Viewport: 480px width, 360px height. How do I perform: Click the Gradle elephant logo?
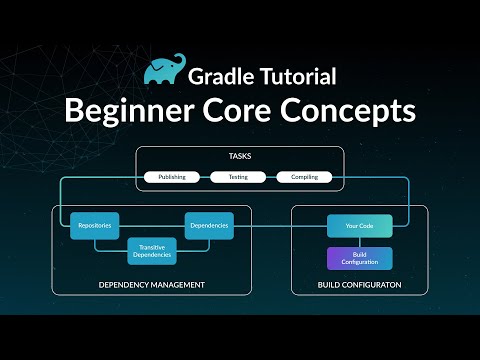(x=165, y=71)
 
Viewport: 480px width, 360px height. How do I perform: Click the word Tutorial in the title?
(x=303, y=75)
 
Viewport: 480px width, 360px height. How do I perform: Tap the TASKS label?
(x=240, y=157)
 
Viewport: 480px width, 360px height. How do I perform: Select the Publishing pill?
(x=171, y=177)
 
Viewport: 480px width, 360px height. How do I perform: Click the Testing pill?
(x=239, y=177)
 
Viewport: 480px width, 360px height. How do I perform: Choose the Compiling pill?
(x=304, y=177)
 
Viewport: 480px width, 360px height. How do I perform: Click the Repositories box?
(x=95, y=226)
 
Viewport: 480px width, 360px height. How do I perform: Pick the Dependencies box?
(x=208, y=226)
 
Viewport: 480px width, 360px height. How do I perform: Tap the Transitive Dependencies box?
(x=151, y=251)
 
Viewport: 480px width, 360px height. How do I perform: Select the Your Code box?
(x=359, y=226)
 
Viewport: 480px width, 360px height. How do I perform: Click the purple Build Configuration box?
(x=359, y=259)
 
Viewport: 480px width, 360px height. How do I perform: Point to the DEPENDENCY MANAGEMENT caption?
(x=151, y=285)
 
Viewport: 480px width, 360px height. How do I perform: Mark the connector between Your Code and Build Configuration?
(x=359, y=242)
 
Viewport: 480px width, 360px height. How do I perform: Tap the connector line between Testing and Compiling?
(x=272, y=177)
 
